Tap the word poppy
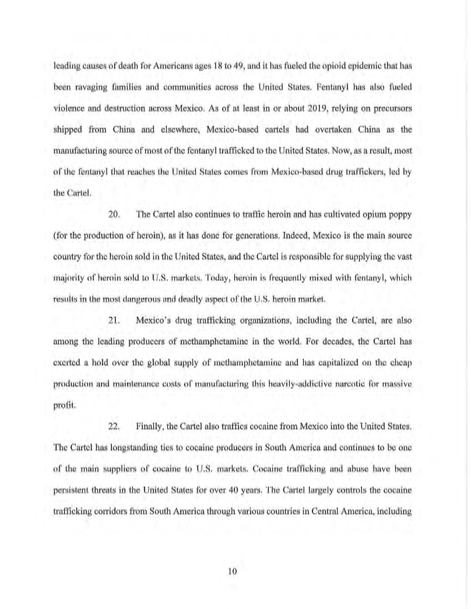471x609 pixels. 400,214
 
